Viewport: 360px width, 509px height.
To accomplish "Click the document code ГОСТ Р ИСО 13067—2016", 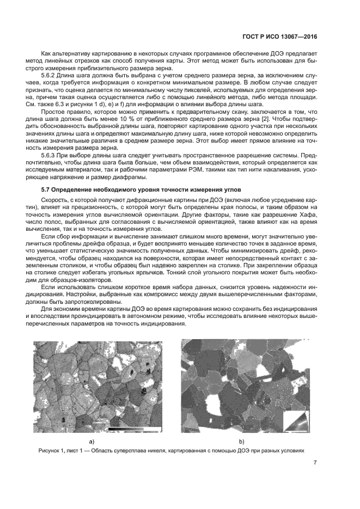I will tap(278, 38).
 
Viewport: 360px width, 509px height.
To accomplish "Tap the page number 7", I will tap(315, 463).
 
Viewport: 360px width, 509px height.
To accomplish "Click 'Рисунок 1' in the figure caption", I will tap(53, 451).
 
